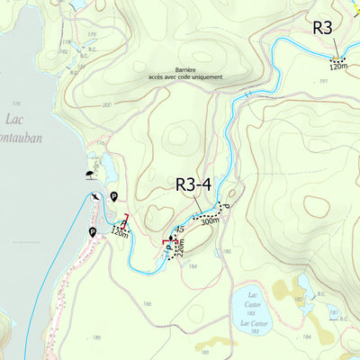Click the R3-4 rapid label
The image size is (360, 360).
click(193, 184)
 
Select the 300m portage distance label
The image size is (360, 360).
click(210, 220)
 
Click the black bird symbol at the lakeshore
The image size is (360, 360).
click(94, 197)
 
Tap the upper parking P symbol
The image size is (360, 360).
click(114, 197)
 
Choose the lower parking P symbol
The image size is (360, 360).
click(93, 232)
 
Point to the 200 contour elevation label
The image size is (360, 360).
click(107, 105)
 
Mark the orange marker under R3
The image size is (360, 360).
click(337, 58)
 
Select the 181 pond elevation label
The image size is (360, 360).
click(334, 314)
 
